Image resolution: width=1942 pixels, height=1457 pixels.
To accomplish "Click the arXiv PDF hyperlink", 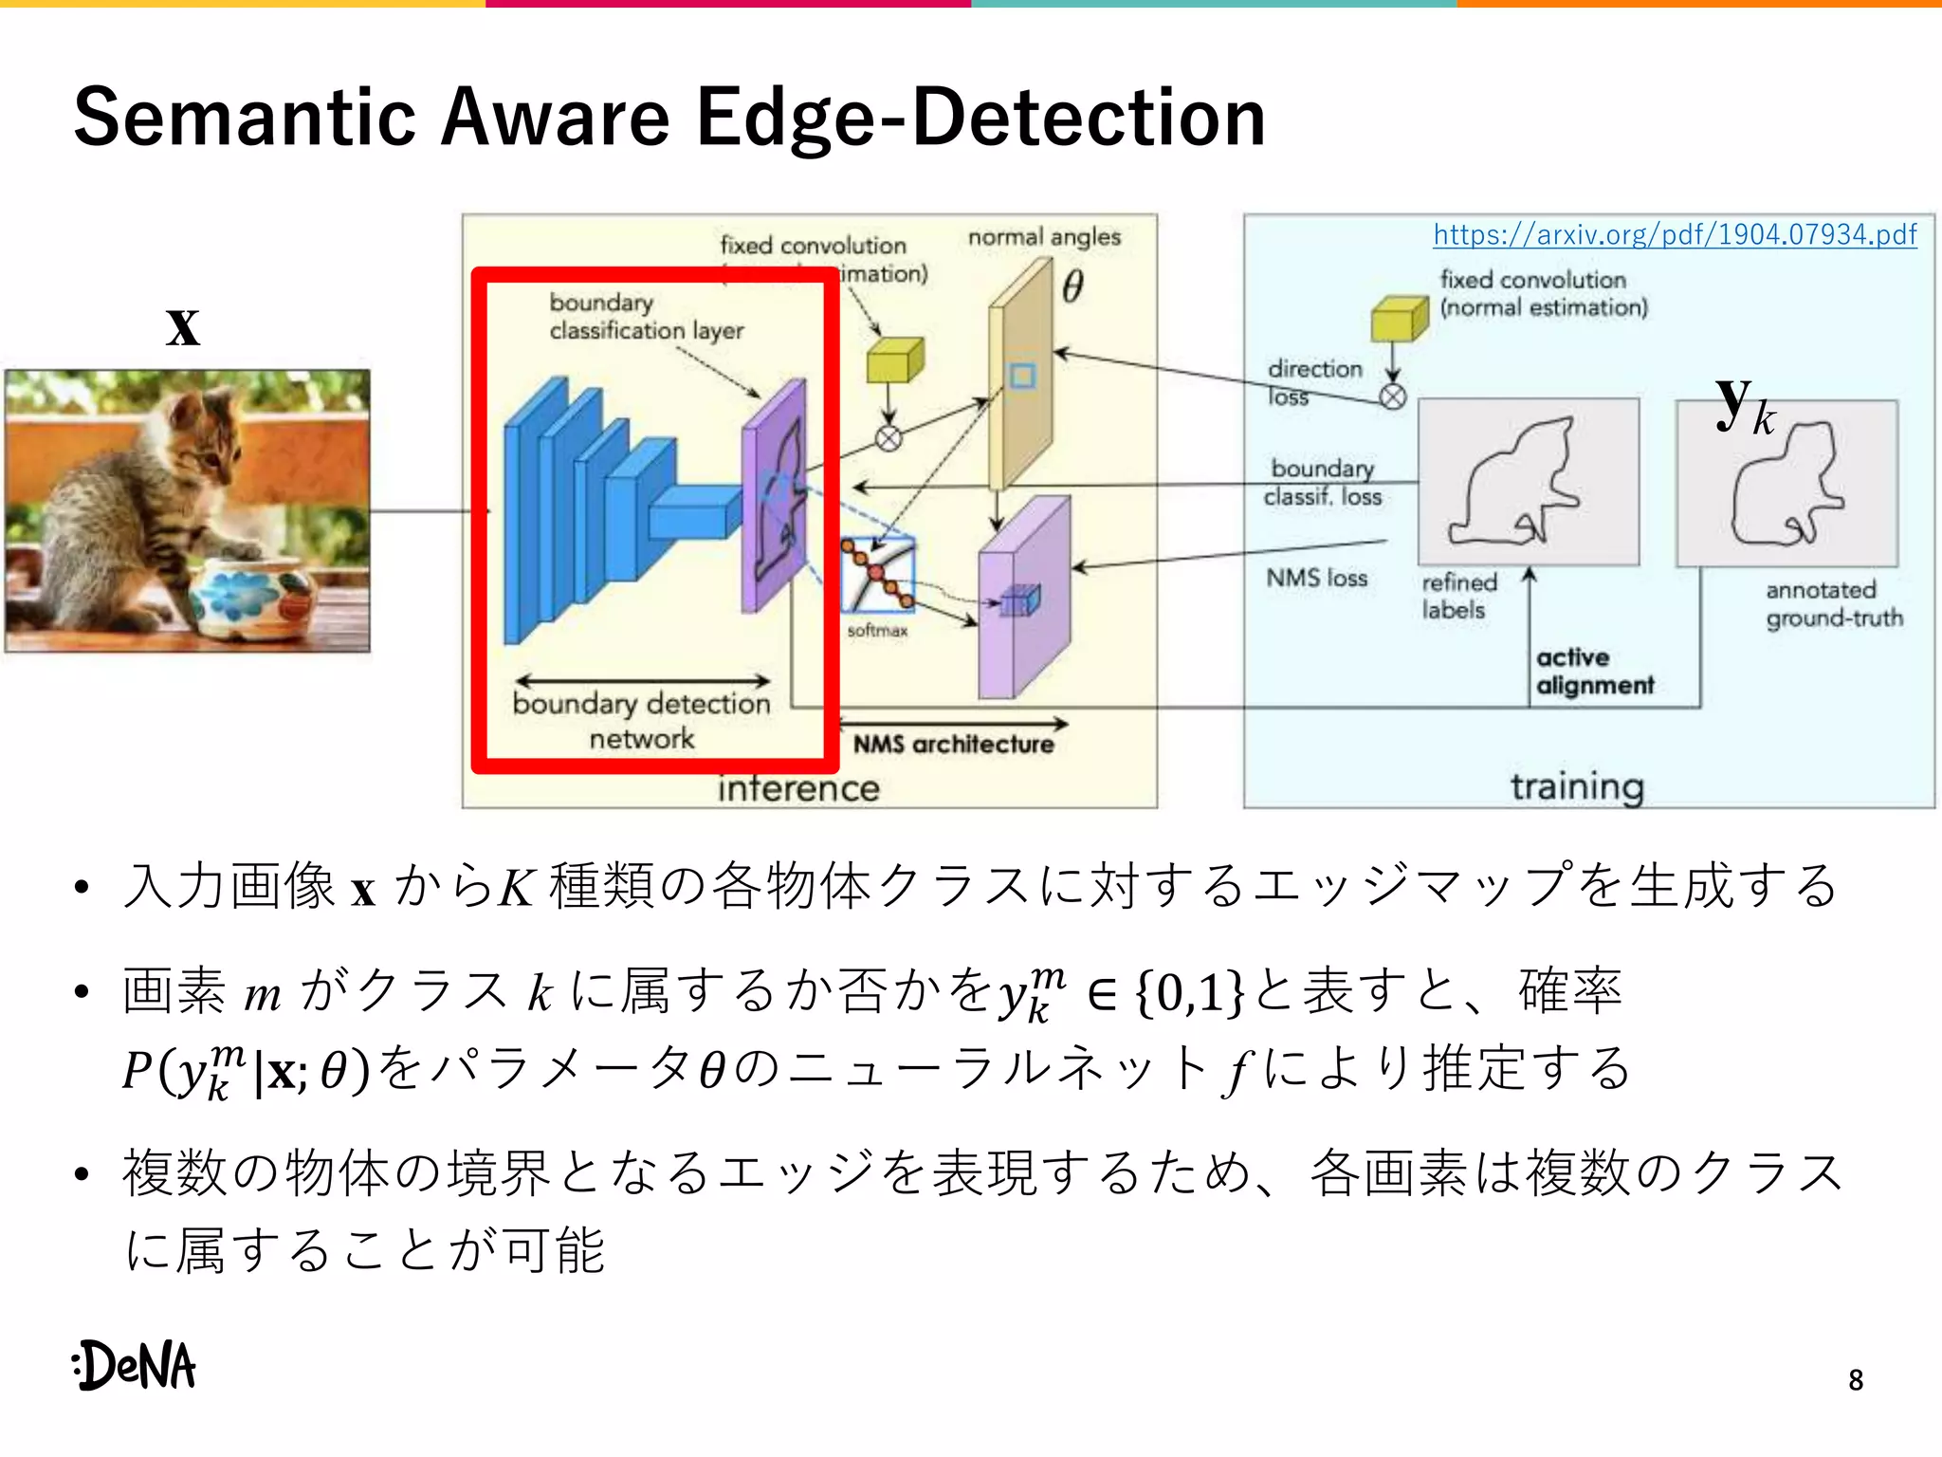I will [1675, 234].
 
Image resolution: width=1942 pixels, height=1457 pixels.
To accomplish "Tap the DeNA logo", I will [135, 1366].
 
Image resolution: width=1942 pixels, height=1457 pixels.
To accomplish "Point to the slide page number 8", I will [1856, 1380].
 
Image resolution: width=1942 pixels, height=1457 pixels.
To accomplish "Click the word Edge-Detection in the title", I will [980, 118].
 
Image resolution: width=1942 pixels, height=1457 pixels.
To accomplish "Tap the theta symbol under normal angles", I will [1072, 286].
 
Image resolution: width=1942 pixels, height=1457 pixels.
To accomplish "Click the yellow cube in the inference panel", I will [894, 360].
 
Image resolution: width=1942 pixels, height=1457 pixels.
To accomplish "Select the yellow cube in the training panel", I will [1399, 319].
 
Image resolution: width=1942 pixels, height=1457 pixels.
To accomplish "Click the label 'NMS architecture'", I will [953, 745].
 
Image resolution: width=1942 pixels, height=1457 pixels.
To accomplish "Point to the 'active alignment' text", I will [1594, 672].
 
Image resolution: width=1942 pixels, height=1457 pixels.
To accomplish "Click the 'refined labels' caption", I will [1458, 597].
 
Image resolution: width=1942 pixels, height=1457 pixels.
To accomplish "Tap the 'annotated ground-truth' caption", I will [1833, 604].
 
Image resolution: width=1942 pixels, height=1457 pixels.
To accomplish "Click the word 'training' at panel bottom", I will [1577, 786].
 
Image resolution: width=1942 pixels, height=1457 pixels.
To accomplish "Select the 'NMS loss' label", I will [1316, 578].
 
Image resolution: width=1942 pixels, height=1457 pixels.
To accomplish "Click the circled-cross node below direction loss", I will [1392, 397].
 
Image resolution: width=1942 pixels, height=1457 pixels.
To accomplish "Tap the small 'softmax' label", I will [877, 631].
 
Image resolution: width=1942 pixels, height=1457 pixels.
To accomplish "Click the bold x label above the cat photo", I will [183, 327].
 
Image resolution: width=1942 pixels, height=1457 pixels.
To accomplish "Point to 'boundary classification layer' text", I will [646, 317].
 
